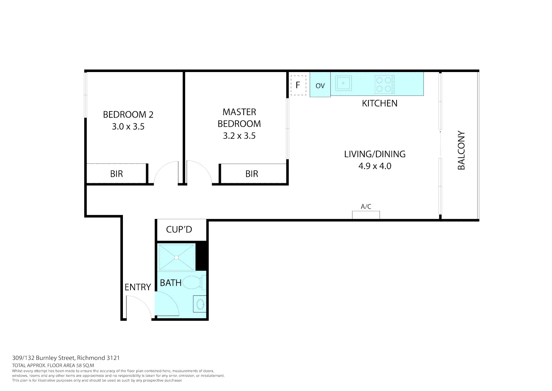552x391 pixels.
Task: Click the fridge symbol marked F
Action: point(298,85)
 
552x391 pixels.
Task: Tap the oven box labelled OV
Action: point(320,85)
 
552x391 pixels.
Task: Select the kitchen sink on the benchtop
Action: point(343,83)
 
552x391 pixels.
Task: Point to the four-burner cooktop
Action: point(384,84)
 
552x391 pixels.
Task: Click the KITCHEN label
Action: point(380,103)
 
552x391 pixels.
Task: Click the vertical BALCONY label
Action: point(461,150)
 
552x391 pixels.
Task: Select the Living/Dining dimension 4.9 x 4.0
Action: point(375,166)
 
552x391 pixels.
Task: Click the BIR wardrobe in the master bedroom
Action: point(252,174)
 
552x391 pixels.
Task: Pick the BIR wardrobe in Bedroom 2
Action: point(116,174)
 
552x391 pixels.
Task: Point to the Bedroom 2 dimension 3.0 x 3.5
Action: point(128,127)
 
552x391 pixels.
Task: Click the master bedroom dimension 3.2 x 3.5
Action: point(239,136)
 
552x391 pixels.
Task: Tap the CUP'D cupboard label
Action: point(179,230)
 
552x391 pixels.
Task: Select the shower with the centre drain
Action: point(176,257)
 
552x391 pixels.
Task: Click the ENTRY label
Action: point(137,287)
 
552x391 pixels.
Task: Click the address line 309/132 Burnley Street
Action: point(66,358)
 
